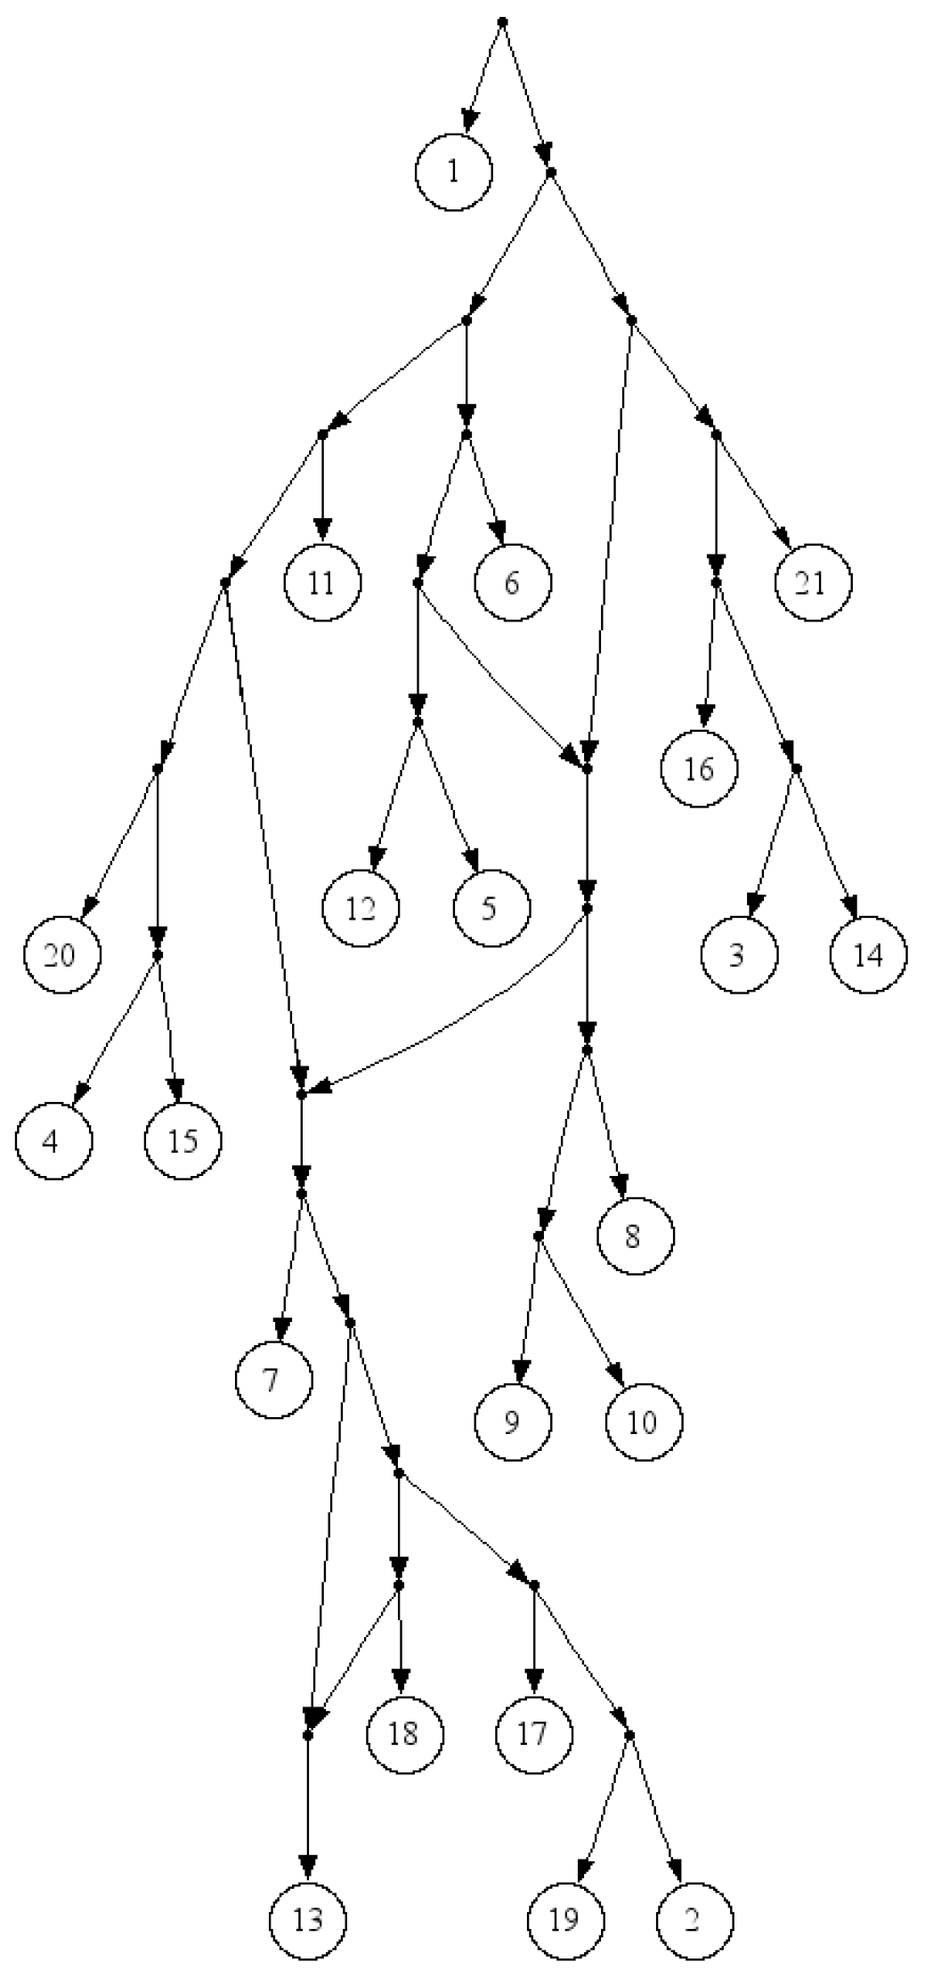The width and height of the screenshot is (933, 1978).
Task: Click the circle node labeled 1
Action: pos(453,172)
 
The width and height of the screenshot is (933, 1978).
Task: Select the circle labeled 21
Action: pos(812,583)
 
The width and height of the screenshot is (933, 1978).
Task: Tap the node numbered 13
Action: pos(308,1920)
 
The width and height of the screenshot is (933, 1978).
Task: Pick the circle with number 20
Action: pos(61,955)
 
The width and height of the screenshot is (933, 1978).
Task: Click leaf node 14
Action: pos(868,955)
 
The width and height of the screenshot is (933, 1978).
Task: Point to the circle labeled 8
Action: pos(635,1236)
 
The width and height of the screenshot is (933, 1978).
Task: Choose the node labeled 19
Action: pos(565,1920)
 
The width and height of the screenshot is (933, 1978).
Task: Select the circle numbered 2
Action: pos(695,1920)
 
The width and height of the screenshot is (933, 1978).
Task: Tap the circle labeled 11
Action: pos(322,583)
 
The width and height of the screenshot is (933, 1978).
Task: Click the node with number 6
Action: pos(512,583)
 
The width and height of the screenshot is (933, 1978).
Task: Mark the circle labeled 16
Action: pos(700,768)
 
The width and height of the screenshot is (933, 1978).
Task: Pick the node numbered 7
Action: pos(274,1381)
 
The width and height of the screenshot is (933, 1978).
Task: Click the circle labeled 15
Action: pos(183,1140)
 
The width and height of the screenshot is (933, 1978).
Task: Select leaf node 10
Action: pos(643,1422)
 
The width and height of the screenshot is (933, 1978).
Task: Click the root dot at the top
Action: pos(502,20)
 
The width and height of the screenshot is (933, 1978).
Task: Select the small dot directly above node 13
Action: pos(308,1735)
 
